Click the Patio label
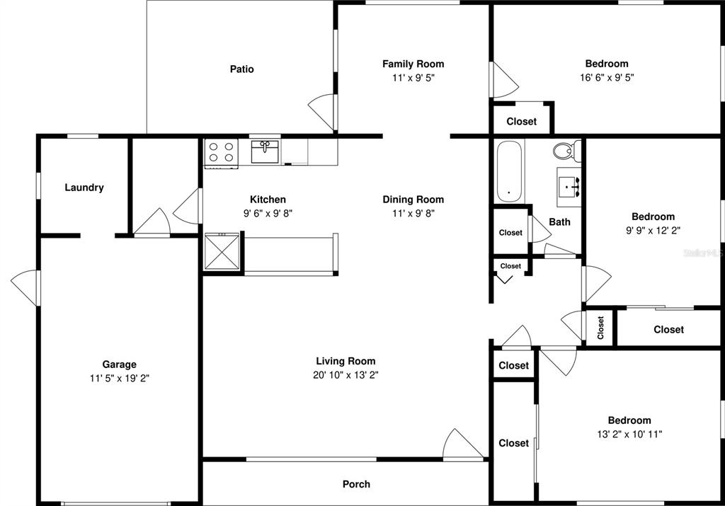coord(242,69)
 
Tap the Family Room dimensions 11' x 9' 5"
coord(413,78)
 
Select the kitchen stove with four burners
coord(222,153)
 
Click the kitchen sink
coord(265,152)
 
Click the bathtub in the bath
coord(509,171)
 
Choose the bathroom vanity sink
coord(569,187)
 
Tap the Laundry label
coord(84,187)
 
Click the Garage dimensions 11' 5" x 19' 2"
coord(119,379)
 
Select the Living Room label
coord(346,361)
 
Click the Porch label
coord(356,484)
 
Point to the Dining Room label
coord(413,199)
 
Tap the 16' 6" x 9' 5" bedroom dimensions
coord(607,77)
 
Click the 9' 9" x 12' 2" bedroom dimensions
coord(653,230)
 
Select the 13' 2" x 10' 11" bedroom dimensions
coord(629,434)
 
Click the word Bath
coord(559,222)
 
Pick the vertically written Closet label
coord(600,328)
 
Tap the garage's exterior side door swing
coord(25,287)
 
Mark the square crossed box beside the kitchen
coord(222,252)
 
